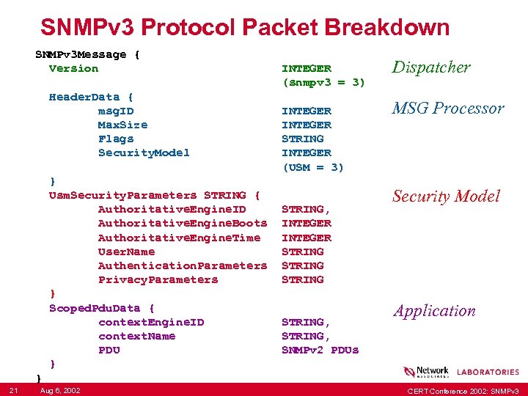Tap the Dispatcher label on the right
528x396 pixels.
431,67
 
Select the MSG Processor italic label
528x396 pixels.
448,109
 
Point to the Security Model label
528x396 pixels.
446,196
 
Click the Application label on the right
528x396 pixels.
434,310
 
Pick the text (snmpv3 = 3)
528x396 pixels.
323,82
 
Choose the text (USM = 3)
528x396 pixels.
312,166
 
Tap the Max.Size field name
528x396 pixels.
122,125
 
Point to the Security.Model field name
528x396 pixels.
144,153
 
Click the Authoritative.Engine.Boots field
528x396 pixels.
183,223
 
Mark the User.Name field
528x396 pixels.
126,252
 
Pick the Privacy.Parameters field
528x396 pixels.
158,279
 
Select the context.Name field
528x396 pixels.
136,336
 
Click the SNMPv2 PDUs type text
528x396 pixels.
320,350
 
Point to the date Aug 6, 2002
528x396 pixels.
60,389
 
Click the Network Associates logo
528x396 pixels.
426,372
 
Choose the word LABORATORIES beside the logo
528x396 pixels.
488,373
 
